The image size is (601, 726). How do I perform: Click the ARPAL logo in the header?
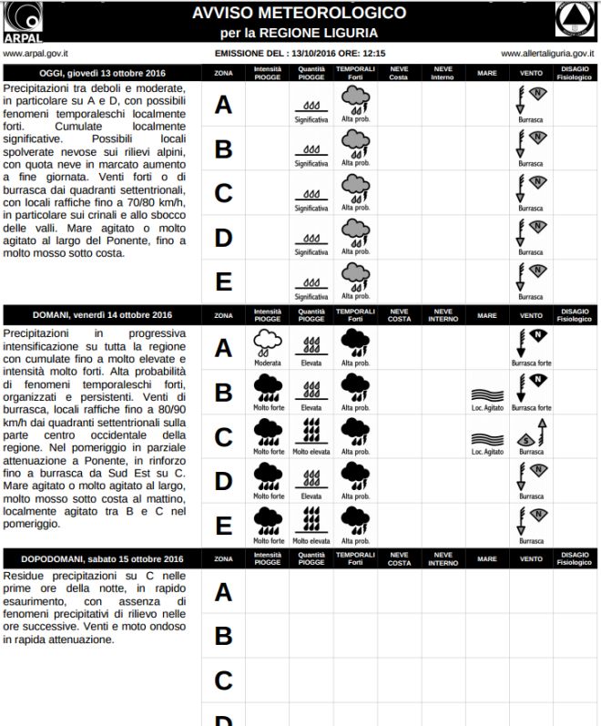[22, 22]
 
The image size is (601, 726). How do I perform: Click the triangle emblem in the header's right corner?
[576, 20]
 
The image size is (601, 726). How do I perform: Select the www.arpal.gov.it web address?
[36, 54]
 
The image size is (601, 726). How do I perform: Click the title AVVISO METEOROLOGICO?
[299, 13]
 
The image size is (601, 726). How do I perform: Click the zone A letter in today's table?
[223, 105]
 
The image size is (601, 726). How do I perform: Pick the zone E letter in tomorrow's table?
[223, 526]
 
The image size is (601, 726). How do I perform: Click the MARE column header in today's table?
[487, 72]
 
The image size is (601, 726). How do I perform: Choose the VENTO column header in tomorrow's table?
[532, 315]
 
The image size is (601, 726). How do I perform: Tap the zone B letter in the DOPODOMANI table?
[223, 635]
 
